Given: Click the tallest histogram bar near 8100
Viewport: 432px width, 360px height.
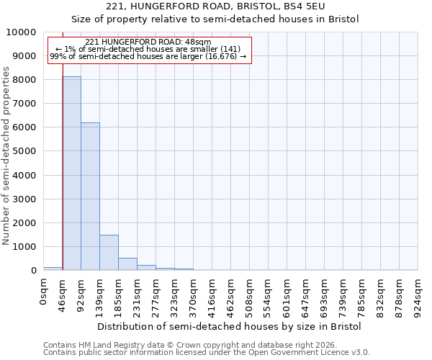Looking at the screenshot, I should [x=71, y=173].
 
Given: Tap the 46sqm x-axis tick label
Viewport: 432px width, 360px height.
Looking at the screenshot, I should [x=63, y=294].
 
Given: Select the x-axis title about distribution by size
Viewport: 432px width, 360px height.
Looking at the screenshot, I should [x=230, y=326].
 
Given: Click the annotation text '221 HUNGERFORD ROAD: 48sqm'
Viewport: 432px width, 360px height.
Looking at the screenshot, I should [x=148, y=42].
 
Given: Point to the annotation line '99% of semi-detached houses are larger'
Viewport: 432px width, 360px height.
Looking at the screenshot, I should [x=148, y=56].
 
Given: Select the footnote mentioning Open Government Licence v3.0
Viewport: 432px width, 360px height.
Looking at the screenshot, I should [x=207, y=352].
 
